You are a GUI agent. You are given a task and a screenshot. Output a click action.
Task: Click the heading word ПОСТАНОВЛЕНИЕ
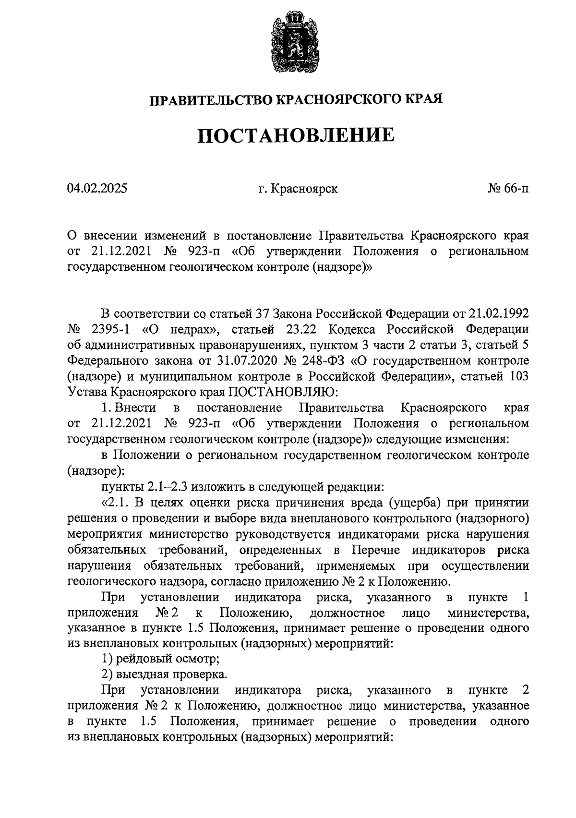coord(296,135)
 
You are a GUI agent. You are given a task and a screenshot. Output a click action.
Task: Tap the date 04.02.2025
coord(97,189)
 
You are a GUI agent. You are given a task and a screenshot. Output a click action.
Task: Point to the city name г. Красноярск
coord(298,189)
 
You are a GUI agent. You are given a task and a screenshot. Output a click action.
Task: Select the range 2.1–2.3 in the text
coord(168,487)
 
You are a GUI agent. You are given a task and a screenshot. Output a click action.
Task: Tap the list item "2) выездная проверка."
coord(164,674)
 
